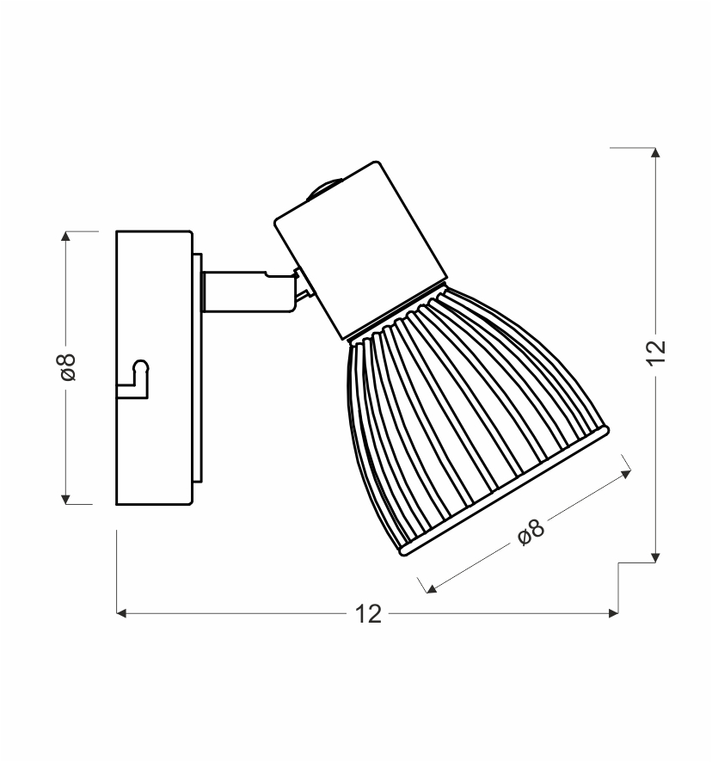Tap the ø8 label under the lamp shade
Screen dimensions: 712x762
click(x=531, y=532)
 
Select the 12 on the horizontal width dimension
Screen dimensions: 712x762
click(x=368, y=614)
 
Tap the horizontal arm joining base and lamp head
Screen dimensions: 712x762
click(x=249, y=291)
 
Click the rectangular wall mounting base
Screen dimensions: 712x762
click(x=154, y=368)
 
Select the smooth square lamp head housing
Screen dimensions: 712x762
click(x=360, y=249)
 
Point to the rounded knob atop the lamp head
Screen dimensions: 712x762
click(x=322, y=188)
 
